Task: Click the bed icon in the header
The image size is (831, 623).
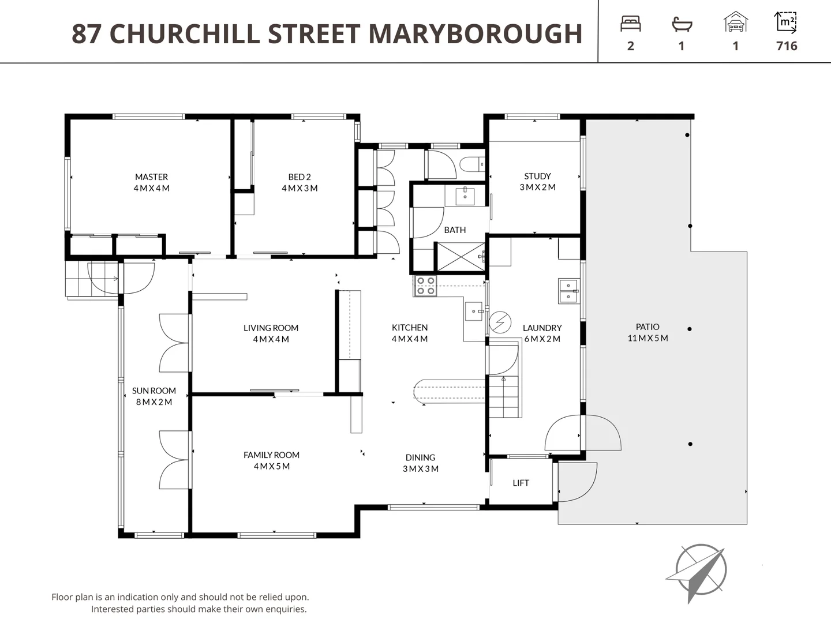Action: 630,24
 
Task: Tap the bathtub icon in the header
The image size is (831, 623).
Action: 682,24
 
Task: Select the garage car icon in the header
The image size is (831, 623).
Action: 735,23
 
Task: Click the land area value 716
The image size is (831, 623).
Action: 787,46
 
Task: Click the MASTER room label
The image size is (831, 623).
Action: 151,177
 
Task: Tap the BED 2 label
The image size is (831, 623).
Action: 300,177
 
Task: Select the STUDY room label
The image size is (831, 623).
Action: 537,176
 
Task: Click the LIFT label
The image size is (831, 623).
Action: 521,483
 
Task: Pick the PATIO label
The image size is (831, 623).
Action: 647,326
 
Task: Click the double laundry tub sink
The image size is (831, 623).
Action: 568,291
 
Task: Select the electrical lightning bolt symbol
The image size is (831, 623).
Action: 500,322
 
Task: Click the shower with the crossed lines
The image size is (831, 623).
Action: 461,257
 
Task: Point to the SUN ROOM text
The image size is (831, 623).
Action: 154,391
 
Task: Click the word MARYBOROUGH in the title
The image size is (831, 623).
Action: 476,34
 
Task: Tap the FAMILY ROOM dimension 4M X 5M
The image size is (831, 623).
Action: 271,466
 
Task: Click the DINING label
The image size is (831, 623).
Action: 420,457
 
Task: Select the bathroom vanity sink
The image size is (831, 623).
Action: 465,196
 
